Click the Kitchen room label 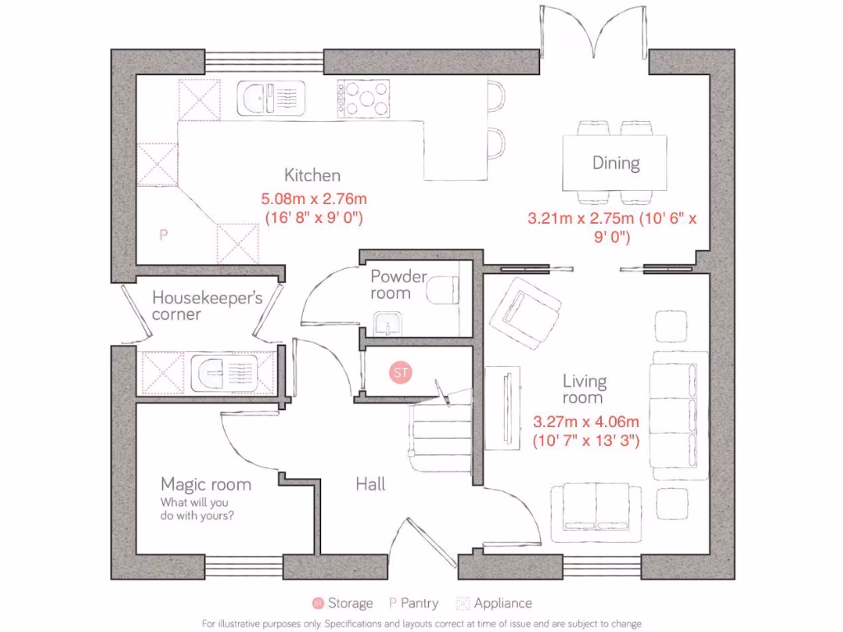[312, 175]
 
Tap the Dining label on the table [616, 163]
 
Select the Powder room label [398, 284]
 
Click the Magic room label [206, 484]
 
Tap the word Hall [370, 484]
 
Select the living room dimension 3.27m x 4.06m [586, 423]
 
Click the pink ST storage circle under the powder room [401, 373]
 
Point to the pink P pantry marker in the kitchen [164, 235]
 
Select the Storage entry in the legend [350, 603]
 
